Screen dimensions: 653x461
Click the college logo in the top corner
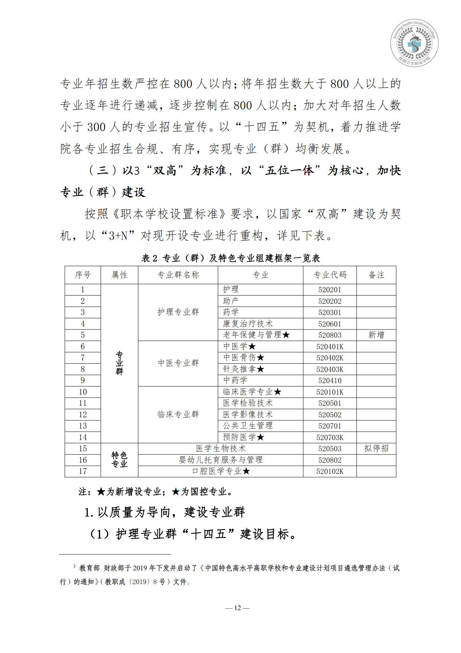414,42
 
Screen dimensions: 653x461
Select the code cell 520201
329,290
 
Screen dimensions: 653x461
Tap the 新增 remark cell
376,335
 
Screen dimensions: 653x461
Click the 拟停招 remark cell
376,449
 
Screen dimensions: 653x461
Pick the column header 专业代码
329,275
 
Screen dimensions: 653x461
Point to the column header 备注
376,275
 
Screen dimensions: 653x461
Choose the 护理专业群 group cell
178,312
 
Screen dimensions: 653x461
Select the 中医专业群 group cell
178,363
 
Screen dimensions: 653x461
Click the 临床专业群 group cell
178,414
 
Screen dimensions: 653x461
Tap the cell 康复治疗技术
248,324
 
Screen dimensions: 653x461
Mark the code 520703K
329,437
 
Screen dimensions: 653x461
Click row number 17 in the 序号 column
83,471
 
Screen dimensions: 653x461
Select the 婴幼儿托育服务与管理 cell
220,460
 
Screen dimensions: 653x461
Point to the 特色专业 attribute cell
119,460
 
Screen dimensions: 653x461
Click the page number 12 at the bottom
237,608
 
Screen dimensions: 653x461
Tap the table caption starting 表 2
230,258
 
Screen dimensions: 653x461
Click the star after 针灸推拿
261,369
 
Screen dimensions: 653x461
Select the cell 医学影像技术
248,415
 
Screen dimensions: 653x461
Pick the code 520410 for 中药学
329,380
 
